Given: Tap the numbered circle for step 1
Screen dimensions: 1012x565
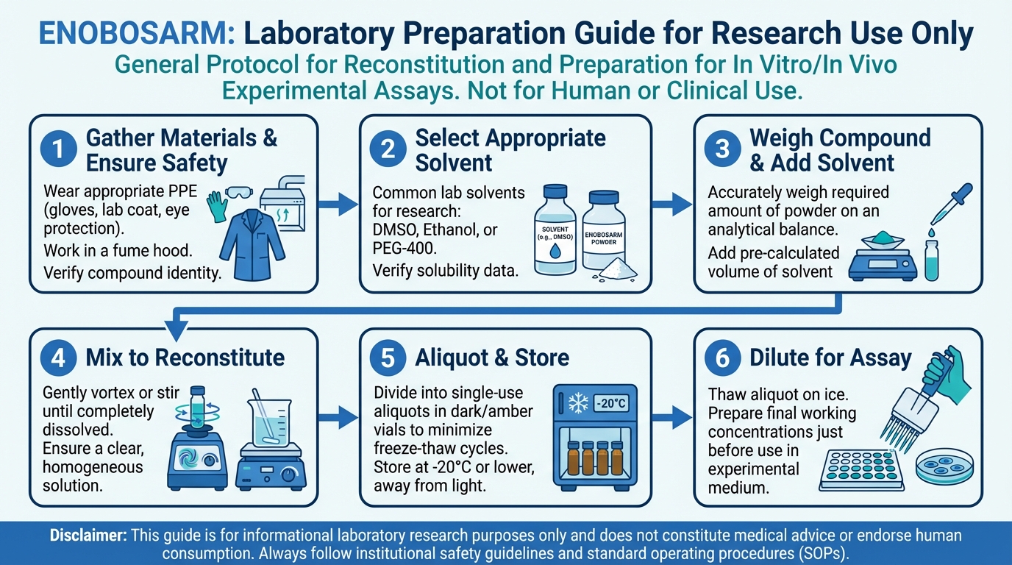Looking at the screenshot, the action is [x=58, y=149].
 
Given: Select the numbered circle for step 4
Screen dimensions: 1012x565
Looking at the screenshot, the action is [x=58, y=358].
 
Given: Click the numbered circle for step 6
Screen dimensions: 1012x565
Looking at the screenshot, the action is [x=722, y=358].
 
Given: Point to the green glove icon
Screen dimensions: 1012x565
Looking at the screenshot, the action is [x=217, y=206].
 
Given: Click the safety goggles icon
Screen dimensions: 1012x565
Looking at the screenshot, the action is [x=239, y=193].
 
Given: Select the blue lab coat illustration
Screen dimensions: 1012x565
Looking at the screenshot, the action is [x=252, y=244].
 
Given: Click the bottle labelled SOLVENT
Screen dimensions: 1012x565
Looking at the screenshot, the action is [x=555, y=230].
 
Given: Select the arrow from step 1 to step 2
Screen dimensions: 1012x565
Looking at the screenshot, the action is [x=338, y=205].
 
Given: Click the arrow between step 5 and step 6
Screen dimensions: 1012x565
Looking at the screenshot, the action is [x=672, y=417].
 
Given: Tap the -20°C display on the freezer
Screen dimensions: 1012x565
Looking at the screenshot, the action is [x=611, y=402].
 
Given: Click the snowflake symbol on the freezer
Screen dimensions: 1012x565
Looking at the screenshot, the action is [x=578, y=402].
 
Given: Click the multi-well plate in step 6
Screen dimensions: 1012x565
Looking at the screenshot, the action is [x=861, y=470].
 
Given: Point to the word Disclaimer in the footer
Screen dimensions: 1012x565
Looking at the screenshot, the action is [x=88, y=536].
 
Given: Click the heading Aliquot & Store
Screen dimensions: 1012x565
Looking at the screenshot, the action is [x=492, y=358].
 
